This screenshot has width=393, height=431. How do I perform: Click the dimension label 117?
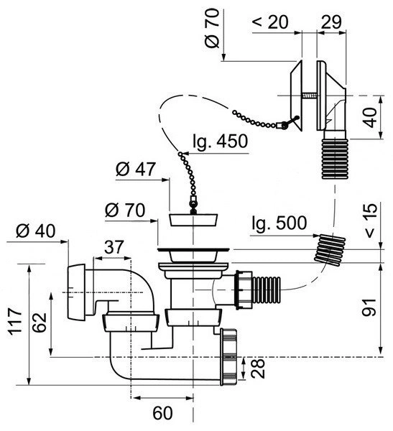[15, 321]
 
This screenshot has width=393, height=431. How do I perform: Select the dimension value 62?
[40, 322]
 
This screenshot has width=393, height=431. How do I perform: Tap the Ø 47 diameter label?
[136, 169]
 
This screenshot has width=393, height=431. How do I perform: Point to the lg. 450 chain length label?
[221, 142]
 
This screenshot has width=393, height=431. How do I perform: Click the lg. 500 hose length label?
[279, 223]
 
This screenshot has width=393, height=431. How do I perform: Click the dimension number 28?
[258, 368]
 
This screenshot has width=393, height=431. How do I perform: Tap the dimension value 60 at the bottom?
[162, 412]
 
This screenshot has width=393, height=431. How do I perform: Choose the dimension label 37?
[114, 247]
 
